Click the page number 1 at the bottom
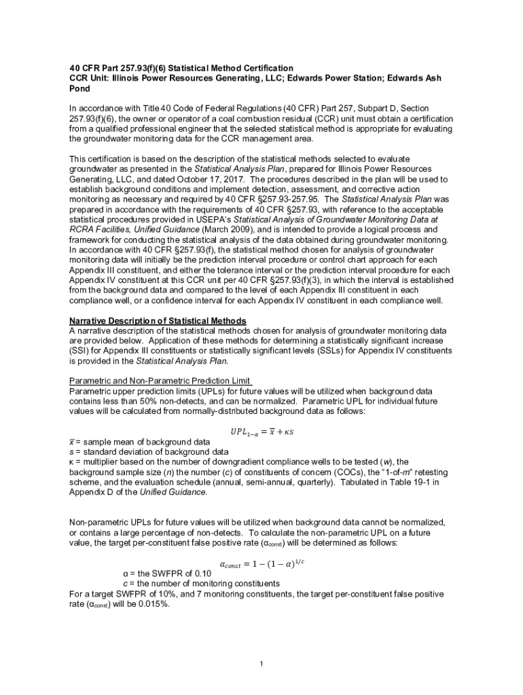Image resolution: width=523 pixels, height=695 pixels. (x=261, y=663)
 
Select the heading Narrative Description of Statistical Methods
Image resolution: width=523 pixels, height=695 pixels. (x=158, y=321)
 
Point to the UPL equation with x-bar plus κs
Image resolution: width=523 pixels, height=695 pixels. (x=261, y=432)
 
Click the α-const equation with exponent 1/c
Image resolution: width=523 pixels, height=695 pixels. (x=261, y=563)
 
